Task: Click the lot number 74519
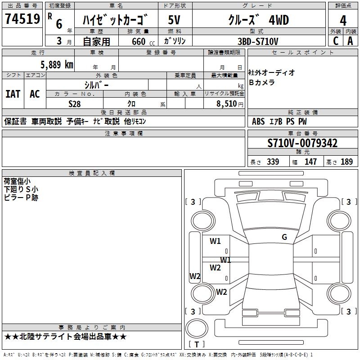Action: (x=22, y=18)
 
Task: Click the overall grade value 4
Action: (x=343, y=20)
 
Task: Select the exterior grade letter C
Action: (x=336, y=41)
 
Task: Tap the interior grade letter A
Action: (x=350, y=41)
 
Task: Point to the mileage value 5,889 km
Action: (x=57, y=65)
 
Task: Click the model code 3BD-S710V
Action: (x=258, y=41)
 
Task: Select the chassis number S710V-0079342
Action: (x=302, y=143)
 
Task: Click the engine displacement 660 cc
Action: (x=143, y=41)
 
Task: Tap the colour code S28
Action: (x=75, y=104)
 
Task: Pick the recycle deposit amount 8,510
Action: (x=227, y=104)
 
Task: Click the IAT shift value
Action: (x=13, y=94)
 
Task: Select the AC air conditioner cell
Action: (x=35, y=94)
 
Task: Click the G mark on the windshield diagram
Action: (x=284, y=237)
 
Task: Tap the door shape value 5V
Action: (x=174, y=20)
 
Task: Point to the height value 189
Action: (x=346, y=162)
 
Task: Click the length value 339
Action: (x=273, y=162)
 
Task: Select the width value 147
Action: (x=310, y=162)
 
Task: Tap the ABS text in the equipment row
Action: (x=258, y=121)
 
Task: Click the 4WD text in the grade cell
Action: (x=279, y=20)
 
